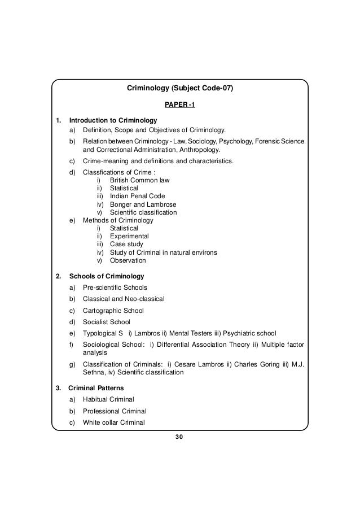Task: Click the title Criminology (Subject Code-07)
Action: coord(179,88)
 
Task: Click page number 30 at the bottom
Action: coord(179,437)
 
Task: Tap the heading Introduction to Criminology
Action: coord(112,120)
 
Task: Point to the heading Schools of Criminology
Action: coord(107,277)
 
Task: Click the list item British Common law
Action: coord(139,180)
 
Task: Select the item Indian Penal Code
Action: coord(137,196)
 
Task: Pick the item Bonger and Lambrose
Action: coord(143,204)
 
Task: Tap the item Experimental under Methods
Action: coord(129,236)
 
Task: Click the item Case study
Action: coord(126,245)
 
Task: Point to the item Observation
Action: coord(128,260)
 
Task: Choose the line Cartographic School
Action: coord(113,311)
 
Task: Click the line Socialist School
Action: coord(106,322)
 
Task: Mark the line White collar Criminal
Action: coord(113,422)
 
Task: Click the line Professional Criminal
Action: coord(115,411)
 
